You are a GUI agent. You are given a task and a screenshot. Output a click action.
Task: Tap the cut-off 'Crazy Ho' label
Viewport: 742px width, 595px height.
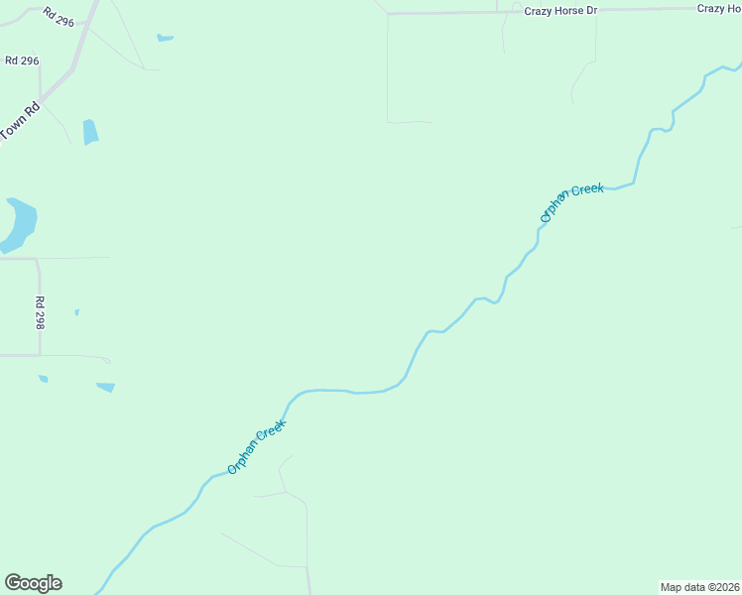pyautogui.click(x=718, y=8)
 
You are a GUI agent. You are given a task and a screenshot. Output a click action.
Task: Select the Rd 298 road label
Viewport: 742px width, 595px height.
pyautogui.click(x=41, y=312)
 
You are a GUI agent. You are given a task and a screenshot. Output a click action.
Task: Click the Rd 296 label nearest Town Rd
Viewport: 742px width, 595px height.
pyautogui.click(x=22, y=60)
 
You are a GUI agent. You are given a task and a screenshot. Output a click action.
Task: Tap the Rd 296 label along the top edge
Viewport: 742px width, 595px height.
pyautogui.click(x=59, y=16)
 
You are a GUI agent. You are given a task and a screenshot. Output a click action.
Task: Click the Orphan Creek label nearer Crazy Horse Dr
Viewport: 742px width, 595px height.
pyautogui.click(x=571, y=202)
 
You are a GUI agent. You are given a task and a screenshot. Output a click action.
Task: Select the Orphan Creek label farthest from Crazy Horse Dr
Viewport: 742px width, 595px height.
pyautogui.click(x=257, y=446)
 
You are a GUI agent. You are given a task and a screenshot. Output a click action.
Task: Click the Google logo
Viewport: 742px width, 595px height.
pyautogui.click(x=33, y=583)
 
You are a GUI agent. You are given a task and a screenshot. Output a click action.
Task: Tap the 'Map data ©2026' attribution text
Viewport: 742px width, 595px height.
pyautogui.click(x=699, y=587)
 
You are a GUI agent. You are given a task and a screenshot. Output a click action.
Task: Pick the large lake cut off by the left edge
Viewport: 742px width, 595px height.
pyautogui.click(x=17, y=224)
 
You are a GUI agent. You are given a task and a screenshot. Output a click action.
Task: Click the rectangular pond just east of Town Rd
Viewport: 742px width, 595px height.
pyautogui.click(x=90, y=132)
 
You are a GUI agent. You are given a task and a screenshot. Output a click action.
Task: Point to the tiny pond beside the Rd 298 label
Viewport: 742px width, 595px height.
pyautogui.click(x=76, y=312)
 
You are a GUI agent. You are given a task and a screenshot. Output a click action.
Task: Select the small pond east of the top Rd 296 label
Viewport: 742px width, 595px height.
pyautogui.click(x=165, y=39)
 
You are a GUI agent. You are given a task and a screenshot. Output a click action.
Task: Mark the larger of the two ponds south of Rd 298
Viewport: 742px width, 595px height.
pyautogui.click(x=105, y=387)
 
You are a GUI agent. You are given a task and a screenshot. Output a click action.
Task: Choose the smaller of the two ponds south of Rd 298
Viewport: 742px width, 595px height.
pyautogui.click(x=43, y=378)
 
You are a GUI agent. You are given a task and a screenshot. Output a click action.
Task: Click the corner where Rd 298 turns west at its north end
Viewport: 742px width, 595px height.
pyautogui.click(x=37, y=259)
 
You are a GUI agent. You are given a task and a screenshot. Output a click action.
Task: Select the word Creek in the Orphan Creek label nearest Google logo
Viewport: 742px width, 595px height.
pyautogui.click(x=271, y=432)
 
